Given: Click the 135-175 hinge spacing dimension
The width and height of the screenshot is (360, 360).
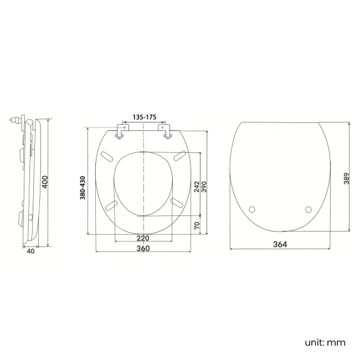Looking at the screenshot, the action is [145, 117].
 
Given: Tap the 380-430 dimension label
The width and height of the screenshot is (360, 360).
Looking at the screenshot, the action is [83, 188].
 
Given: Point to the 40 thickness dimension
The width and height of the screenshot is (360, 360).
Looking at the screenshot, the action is [31, 251].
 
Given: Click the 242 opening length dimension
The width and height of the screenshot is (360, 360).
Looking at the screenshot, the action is [197, 187].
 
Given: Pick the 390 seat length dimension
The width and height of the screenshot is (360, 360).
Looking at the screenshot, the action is [204, 187].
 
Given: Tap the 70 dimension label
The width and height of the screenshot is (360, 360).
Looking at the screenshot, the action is [197, 225].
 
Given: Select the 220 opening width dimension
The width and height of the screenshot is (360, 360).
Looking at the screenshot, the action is [143, 238].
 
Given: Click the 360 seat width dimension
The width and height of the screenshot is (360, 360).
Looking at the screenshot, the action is [143, 249].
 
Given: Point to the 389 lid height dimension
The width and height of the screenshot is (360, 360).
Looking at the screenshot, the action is [346, 178].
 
